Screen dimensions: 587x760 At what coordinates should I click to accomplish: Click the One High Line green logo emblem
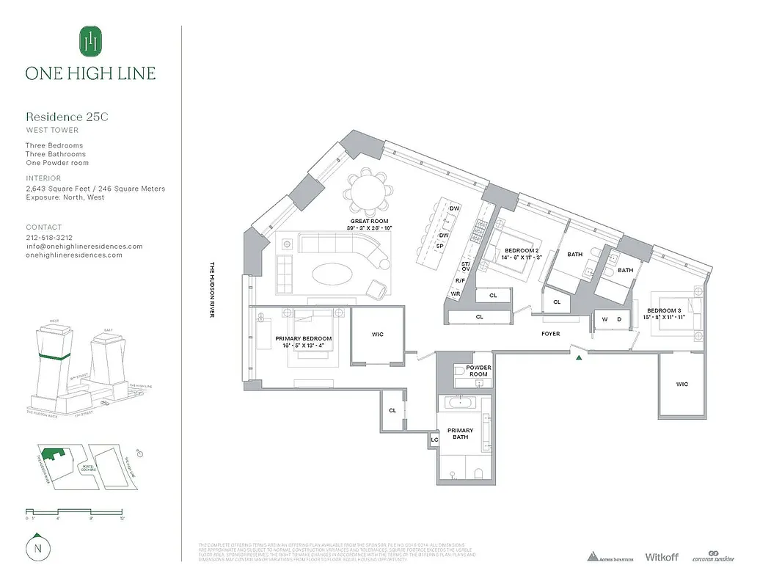(90, 42)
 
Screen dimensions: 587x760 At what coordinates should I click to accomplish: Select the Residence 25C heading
(67, 117)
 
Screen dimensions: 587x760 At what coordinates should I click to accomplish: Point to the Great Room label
(369, 221)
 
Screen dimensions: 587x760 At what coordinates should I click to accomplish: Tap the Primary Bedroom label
(304, 339)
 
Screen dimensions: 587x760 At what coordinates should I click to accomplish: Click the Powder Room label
(479, 371)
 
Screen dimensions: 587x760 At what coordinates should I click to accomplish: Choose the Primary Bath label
(461, 434)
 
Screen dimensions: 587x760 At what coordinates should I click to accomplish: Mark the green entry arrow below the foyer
(580, 357)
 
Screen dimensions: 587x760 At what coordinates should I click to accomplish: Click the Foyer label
(550, 334)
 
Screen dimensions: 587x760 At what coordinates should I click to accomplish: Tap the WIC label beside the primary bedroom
(377, 335)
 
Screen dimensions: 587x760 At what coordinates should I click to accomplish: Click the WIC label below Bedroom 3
(682, 384)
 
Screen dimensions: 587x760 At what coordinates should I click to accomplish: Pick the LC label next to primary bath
(434, 440)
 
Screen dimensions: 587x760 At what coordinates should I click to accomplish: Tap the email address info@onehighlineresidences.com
(84, 247)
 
